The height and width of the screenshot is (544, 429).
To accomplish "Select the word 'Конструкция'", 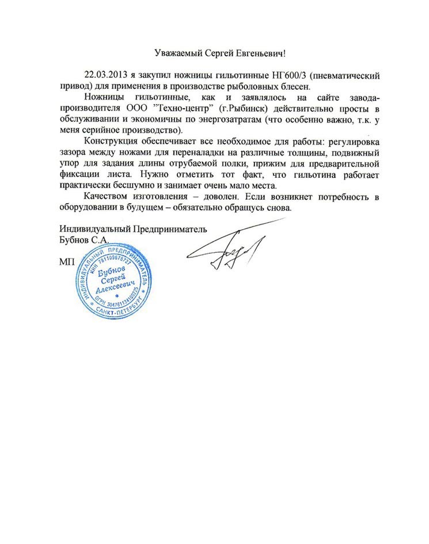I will (x=108, y=142).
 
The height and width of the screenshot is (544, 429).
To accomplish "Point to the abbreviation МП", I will (x=66, y=263).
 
